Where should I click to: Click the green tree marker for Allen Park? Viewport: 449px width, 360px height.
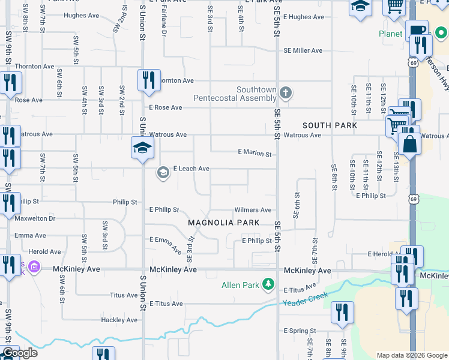(269, 284)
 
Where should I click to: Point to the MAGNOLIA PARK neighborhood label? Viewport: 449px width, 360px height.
(223, 223)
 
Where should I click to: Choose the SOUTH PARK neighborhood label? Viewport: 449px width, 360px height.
(330, 125)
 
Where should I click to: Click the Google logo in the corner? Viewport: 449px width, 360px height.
(19, 353)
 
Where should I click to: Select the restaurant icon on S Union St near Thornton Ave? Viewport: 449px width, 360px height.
(148, 80)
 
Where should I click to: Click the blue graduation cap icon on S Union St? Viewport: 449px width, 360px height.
(142, 148)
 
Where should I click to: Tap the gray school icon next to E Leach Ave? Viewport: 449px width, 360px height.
(163, 173)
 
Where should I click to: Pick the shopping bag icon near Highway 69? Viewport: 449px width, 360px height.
(409, 145)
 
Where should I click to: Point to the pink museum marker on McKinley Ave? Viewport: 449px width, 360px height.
(34, 266)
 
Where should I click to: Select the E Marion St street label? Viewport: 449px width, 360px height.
(255, 153)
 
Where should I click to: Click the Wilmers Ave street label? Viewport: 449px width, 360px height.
(253, 210)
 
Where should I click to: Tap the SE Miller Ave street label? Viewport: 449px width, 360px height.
(303, 51)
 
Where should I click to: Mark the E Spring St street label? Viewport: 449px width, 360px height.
(299, 331)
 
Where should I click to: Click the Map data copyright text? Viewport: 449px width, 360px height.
(411, 355)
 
